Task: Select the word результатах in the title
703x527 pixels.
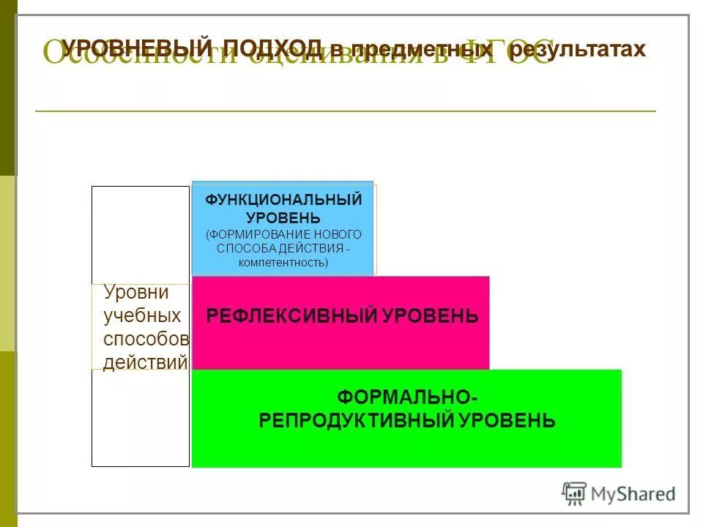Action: [579, 49]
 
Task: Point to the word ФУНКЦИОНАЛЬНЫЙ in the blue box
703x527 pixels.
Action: [283, 200]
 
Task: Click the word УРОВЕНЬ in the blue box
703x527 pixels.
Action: [283, 217]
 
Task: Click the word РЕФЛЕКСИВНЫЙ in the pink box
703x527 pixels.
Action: [291, 316]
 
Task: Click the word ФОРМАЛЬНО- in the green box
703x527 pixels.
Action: [407, 397]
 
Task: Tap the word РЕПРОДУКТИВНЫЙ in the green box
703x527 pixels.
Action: [357, 421]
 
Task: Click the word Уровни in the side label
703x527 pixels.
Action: [136, 293]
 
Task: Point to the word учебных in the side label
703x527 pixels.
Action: [142, 316]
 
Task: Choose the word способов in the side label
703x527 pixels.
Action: [146, 340]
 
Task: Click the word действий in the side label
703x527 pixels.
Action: [145, 362]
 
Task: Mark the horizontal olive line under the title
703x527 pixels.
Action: [346, 111]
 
